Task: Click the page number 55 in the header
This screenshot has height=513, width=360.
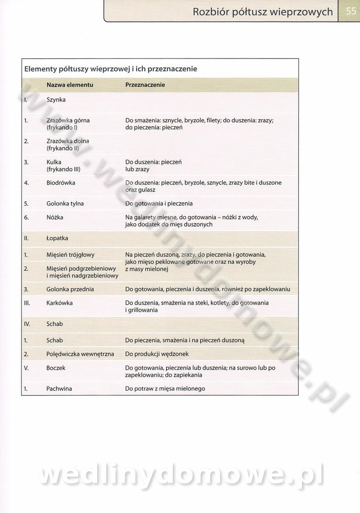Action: coord(351,11)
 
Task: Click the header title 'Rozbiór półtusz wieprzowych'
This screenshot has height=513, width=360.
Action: coord(263,12)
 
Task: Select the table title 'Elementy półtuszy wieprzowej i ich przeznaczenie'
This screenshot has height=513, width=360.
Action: coord(111,69)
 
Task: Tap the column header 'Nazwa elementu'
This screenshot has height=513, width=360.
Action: coord(70,85)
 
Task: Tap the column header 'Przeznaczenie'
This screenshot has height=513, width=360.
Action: coord(145,85)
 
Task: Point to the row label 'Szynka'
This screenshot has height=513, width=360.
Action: coord(56,100)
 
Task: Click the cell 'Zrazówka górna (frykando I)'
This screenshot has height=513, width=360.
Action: coord(68,124)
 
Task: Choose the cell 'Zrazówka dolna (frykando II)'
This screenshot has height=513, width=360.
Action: coord(67,144)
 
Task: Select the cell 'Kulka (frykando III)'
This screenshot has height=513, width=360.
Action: coord(63,165)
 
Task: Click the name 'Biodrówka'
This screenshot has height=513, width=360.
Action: coord(61,183)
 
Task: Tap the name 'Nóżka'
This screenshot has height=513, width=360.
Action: coord(55,218)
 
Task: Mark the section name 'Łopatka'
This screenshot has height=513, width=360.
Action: coord(57,238)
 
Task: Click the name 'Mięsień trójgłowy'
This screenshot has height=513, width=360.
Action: coord(70,255)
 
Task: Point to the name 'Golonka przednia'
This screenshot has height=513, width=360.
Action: coord(70,289)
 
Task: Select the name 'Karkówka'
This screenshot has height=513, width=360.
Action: coord(59,303)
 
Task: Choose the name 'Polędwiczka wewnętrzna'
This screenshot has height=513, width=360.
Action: coord(79,354)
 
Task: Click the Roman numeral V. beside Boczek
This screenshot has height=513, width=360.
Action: coord(26,368)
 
